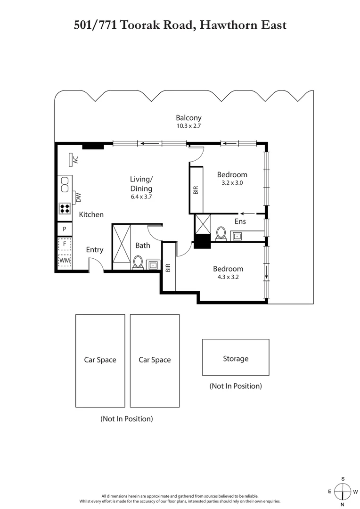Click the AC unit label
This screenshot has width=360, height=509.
point(75,160)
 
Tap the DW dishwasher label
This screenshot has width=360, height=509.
point(78,197)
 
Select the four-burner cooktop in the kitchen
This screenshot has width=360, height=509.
point(65,208)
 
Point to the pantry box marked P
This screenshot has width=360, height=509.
point(65,229)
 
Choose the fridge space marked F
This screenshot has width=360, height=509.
point(65,245)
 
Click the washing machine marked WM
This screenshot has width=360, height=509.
point(65,260)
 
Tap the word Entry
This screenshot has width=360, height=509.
point(94,250)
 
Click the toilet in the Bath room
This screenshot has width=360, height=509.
point(138,262)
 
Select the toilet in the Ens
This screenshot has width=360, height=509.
point(221,233)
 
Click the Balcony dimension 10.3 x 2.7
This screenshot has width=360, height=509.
point(188,126)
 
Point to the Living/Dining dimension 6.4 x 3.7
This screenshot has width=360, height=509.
point(141,197)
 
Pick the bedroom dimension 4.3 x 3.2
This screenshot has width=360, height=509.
point(228,277)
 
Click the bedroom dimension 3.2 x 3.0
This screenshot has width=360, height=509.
point(232,183)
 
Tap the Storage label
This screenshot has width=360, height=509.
point(236,359)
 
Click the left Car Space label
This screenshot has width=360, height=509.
point(100,360)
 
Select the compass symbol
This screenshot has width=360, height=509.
point(343,492)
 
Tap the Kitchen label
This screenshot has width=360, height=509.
point(91,214)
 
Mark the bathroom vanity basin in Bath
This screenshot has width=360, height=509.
point(153,265)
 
